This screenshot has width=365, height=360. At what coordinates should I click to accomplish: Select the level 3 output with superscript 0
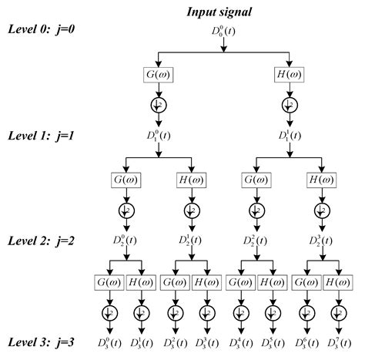click(x=109, y=341)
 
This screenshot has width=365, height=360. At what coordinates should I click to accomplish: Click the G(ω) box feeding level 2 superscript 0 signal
click(x=125, y=179)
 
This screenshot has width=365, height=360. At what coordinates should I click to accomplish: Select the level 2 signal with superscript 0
click(x=125, y=241)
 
